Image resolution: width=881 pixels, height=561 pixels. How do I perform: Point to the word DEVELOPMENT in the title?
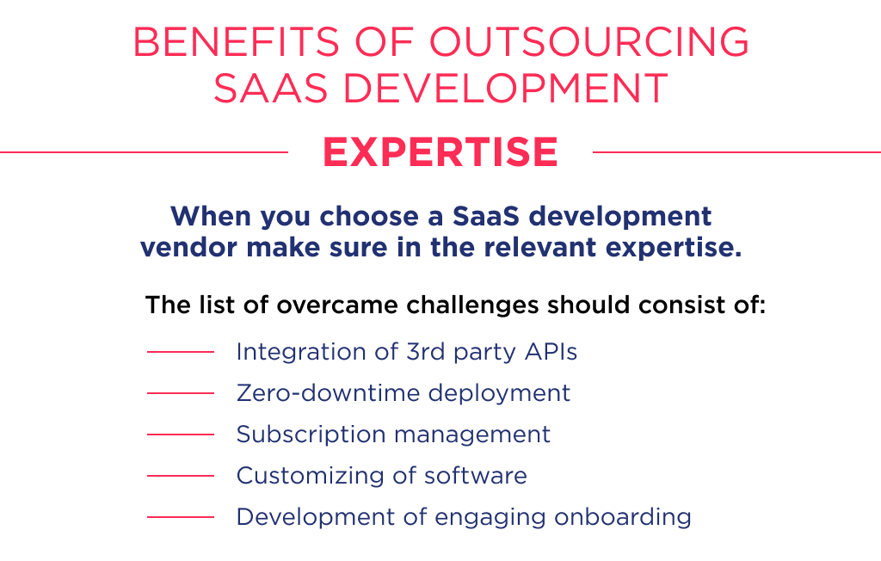click(502, 89)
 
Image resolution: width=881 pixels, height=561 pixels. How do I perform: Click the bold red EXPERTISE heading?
click(440, 152)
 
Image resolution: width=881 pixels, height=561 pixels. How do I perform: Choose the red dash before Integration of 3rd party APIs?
click(180, 352)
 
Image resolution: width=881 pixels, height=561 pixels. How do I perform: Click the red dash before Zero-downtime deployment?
click(180, 393)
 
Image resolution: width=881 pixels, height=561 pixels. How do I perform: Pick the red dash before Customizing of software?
click(180, 476)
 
